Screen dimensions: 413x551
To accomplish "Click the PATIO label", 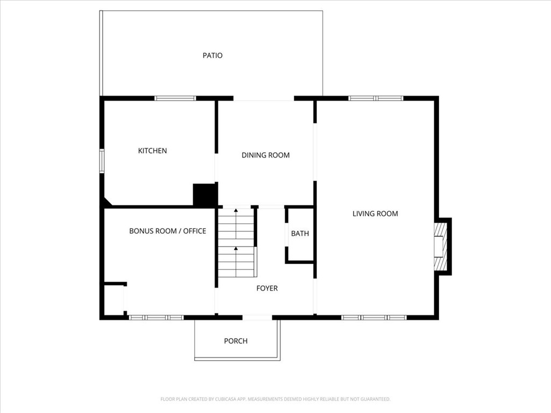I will click(x=213, y=55).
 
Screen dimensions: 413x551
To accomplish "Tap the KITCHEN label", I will click(x=152, y=151).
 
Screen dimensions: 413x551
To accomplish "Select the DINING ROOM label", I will click(x=265, y=155).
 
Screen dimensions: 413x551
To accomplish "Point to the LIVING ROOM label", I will click(x=375, y=214).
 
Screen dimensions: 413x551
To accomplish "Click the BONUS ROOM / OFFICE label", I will click(x=167, y=231).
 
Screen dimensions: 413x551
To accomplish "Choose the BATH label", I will click(x=300, y=234).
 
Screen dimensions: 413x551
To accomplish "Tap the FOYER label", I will click(x=267, y=289).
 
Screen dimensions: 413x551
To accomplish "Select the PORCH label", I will click(x=236, y=341).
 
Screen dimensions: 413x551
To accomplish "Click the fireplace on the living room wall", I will click(x=441, y=246).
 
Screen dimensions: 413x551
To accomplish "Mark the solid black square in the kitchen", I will click(x=204, y=195).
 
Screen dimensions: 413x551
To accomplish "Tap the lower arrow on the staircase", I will click(x=236, y=248).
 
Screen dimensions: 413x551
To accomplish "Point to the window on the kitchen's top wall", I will click(x=175, y=98).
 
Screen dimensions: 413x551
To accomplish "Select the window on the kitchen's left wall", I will click(x=101, y=161).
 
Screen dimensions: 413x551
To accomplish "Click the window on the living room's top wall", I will click(x=376, y=98).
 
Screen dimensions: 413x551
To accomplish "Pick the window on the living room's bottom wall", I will click(x=374, y=317).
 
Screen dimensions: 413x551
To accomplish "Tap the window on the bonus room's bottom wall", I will click(x=157, y=317).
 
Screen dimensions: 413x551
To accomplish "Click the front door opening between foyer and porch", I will click(x=257, y=317).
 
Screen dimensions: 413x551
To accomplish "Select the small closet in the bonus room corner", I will click(x=114, y=300).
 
